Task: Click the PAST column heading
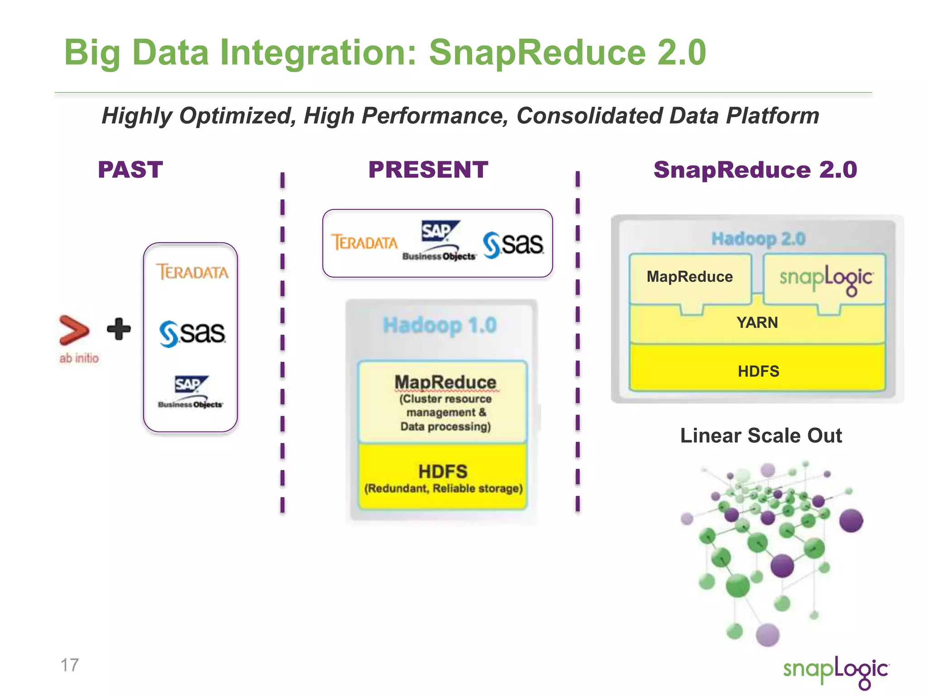[x=130, y=170]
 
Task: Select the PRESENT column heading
[x=428, y=170]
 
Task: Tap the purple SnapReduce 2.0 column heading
[x=755, y=170]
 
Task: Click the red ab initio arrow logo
[x=74, y=329]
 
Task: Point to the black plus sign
[x=119, y=329]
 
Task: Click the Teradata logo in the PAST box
[x=192, y=272]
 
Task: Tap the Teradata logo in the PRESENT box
[x=364, y=243]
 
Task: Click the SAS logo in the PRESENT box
[x=513, y=245]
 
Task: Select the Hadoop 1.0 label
[x=440, y=325]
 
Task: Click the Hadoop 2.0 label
[x=758, y=239]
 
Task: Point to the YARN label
[x=757, y=323]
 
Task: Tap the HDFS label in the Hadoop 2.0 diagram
[x=758, y=372]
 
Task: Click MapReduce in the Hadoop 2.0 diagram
[x=689, y=276]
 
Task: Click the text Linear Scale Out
[x=761, y=435]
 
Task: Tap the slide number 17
[x=70, y=665]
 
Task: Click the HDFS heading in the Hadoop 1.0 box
[x=443, y=471]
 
